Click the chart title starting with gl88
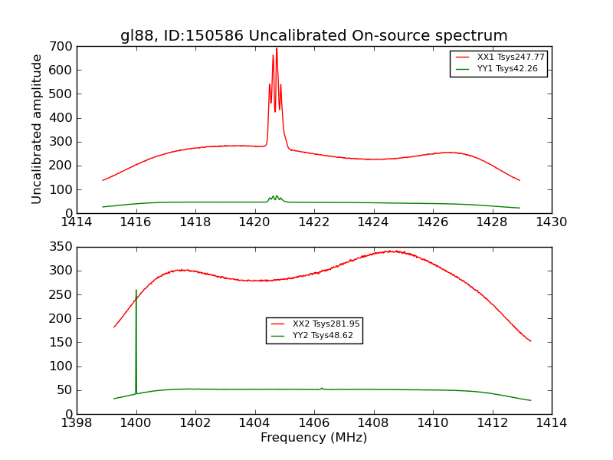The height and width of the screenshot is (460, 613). coord(313,36)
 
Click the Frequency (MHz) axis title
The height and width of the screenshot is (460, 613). coord(313,438)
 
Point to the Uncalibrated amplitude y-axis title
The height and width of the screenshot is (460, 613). coord(37,129)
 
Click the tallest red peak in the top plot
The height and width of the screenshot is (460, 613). coord(277,50)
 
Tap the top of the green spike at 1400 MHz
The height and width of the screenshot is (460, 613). coord(136,291)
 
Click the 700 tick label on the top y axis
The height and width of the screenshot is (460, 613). coord(63,47)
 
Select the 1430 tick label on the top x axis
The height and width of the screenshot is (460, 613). coord(551,222)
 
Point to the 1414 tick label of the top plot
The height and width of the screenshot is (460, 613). coord(77,222)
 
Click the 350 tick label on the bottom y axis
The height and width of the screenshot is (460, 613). coord(63,247)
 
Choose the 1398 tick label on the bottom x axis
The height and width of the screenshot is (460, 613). coord(77,423)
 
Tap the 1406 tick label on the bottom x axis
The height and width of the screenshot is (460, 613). coord(313,423)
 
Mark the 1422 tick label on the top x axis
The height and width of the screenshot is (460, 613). coord(313,222)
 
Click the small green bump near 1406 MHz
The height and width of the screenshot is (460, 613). coord(322,388)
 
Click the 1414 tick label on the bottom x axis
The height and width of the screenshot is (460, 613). coord(551,423)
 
